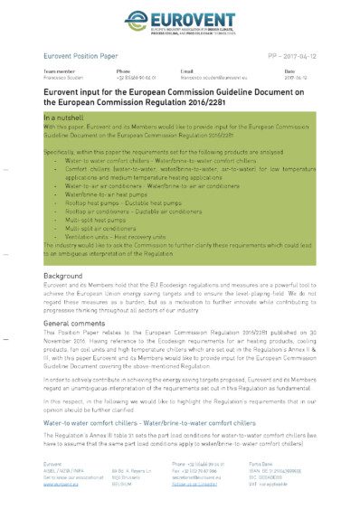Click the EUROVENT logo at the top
tap(180, 19)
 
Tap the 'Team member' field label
tap(59, 71)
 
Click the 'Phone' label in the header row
tap(123, 71)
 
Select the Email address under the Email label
tap(211, 77)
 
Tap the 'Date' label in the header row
tap(289, 71)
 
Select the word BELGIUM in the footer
tap(122, 485)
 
